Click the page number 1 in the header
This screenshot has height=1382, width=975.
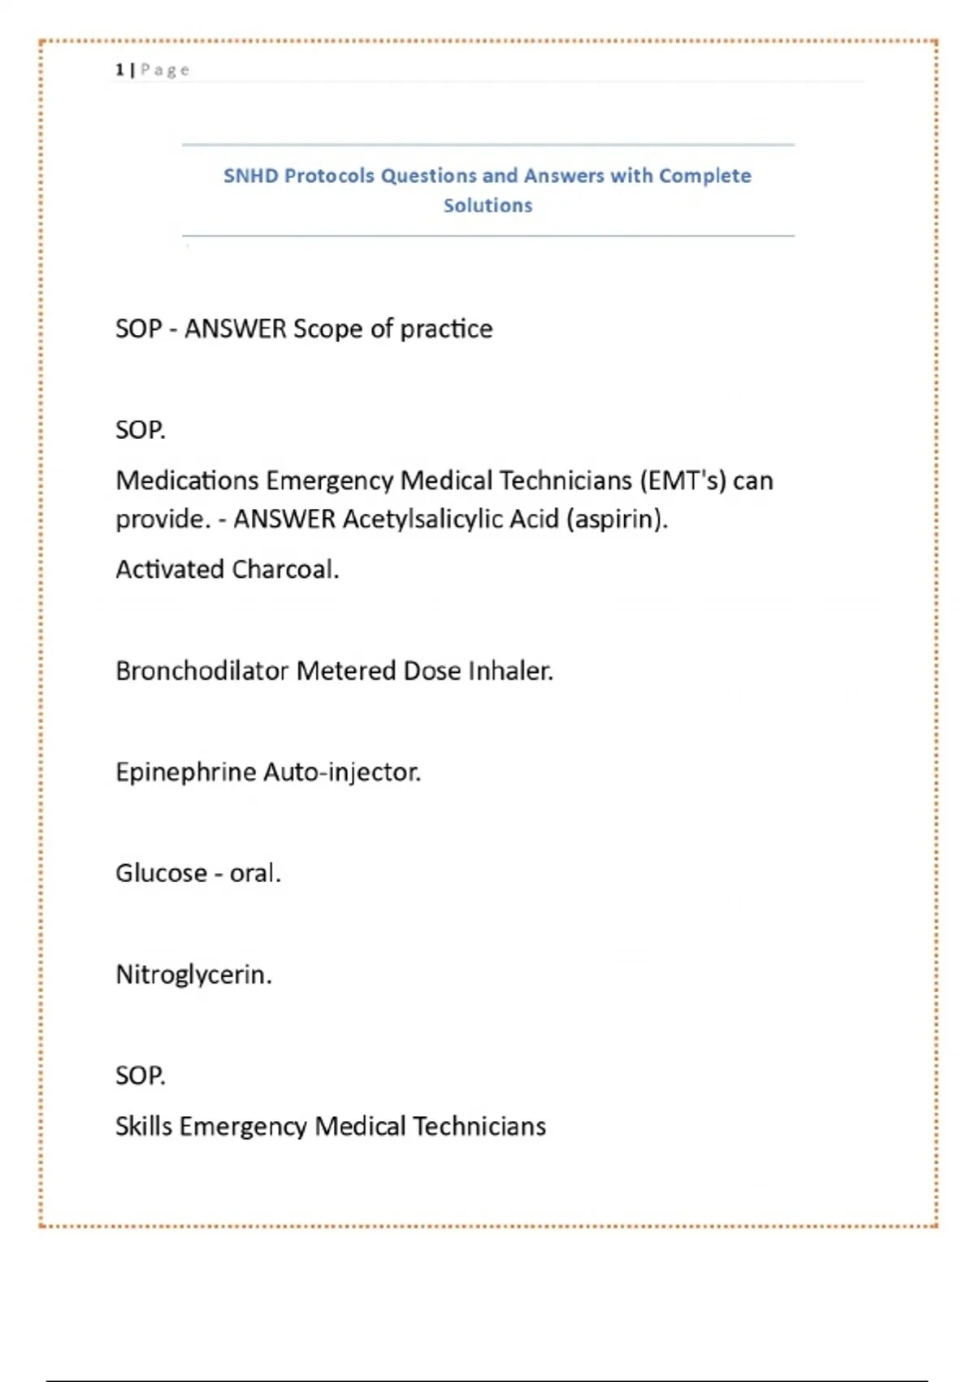(x=119, y=70)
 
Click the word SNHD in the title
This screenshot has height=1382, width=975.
(x=250, y=176)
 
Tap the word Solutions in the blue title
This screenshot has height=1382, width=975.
(x=487, y=206)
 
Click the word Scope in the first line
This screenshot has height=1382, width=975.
(x=327, y=328)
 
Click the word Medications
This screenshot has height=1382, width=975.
(x=187, y=480)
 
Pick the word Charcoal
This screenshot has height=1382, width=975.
(x=284, y=569)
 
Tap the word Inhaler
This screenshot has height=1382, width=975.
(x=510, y=671)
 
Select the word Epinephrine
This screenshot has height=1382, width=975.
(x=186, y=771)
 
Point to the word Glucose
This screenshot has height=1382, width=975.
(x=161, y=873)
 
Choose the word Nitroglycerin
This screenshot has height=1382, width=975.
(x=193, y=974)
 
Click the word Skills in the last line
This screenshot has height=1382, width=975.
(x=143, y=1126)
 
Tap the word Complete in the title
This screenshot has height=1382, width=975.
(x=704, y=176)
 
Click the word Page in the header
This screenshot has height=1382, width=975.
(x=165, y=70)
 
